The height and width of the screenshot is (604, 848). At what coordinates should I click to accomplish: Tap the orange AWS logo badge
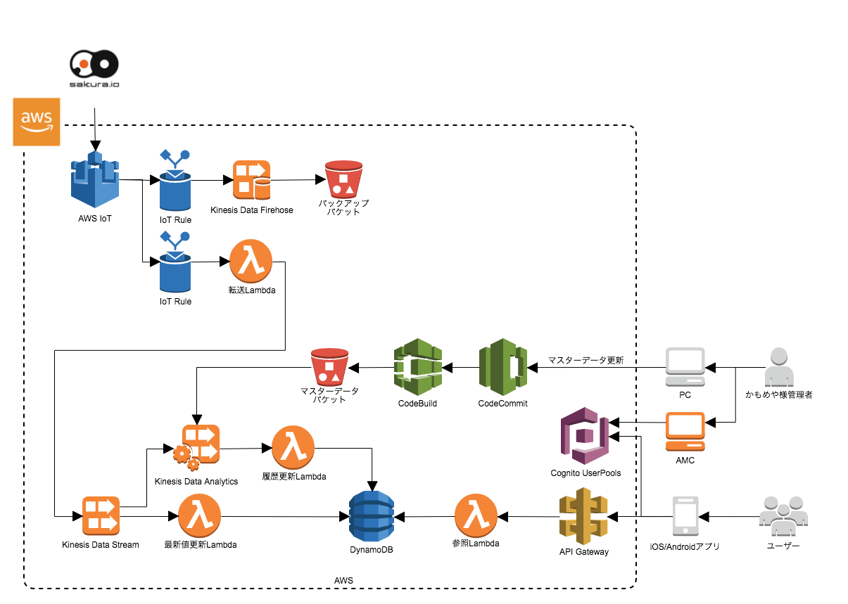37,122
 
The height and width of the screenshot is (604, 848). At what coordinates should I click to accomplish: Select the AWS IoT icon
94,180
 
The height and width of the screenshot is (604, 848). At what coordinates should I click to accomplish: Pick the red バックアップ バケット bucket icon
343,179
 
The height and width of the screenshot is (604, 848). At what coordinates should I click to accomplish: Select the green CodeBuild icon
417,367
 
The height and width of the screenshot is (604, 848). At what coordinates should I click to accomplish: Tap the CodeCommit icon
502,367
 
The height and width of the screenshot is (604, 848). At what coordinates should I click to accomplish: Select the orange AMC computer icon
685,432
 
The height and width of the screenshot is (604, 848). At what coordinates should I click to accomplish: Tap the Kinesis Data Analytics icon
196,448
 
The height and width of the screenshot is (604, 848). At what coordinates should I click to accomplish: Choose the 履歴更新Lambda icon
293,447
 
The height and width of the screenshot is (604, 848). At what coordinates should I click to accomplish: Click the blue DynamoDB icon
372,515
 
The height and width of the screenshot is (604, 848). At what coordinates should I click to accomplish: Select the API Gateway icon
583,517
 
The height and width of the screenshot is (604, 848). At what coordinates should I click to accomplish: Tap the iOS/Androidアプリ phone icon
685,517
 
